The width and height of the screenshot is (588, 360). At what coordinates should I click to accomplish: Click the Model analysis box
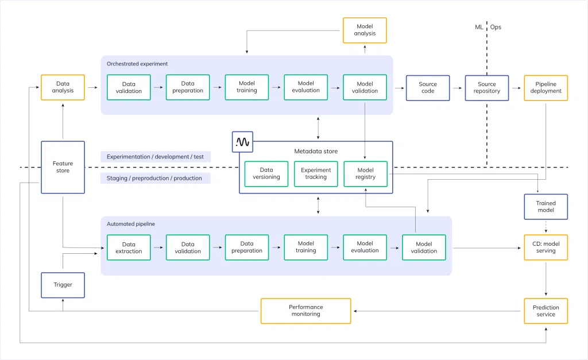(365, 30)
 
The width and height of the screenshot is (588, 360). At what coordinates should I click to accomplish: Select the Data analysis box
(63, 87)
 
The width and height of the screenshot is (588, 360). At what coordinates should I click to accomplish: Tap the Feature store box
(63, 167)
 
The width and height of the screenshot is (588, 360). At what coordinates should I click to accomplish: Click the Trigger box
(63, 285)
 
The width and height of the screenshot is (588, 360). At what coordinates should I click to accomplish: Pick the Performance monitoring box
(305, 311)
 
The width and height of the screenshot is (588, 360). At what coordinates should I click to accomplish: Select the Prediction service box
(546, 311)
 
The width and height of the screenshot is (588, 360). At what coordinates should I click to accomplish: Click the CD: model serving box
(546, 247)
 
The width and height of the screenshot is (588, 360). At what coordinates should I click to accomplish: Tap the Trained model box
(546, 207)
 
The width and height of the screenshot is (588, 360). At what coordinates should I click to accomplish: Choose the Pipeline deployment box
(546, 87)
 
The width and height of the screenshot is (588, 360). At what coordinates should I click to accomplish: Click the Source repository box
(486, 87)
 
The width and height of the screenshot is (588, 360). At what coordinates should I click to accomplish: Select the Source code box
(428, 87)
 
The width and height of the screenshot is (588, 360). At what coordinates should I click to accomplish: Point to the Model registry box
(365, 173)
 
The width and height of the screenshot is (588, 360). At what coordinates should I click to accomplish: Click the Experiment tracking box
(316, 173)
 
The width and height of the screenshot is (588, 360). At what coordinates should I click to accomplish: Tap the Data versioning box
(266, 173)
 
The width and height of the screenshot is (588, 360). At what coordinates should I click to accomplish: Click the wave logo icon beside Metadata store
(242, 142)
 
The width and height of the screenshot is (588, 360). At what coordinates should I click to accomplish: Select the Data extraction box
(129, 247)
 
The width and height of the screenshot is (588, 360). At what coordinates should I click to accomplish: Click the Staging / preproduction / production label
(154, 178)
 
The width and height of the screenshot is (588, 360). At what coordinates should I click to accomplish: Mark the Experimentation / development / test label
(155, 156)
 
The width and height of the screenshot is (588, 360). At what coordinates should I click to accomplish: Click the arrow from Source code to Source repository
(457, 88)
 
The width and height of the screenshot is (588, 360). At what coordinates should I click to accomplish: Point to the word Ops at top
(496, 27)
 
